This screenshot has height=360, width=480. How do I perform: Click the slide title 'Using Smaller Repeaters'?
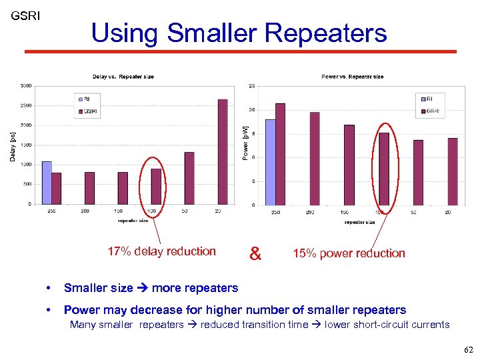coord(239,32)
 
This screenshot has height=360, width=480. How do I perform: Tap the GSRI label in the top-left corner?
coord(25,15)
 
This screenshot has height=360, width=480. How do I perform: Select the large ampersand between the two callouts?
coord(254,253)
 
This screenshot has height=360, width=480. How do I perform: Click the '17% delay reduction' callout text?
coord(161,251)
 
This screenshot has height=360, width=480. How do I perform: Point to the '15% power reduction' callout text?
coord(349,253)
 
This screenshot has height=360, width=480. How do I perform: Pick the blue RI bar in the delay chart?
coord(47,183)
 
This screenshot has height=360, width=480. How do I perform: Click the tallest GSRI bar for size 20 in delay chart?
coord(223,151)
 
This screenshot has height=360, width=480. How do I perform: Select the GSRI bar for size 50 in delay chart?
coord(189,178)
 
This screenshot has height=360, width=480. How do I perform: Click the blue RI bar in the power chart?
coord(270,162)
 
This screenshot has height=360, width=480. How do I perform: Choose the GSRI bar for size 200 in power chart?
coord(315,159)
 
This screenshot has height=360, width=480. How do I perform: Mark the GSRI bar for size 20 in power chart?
coord(453,171)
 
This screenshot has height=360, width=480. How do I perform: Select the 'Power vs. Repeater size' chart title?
coord(352,77)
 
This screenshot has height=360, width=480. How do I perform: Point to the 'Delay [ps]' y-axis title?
coord(12,145)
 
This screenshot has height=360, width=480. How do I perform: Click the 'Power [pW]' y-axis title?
coord(245,143)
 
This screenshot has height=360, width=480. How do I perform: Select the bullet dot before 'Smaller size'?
coord(49,289)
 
